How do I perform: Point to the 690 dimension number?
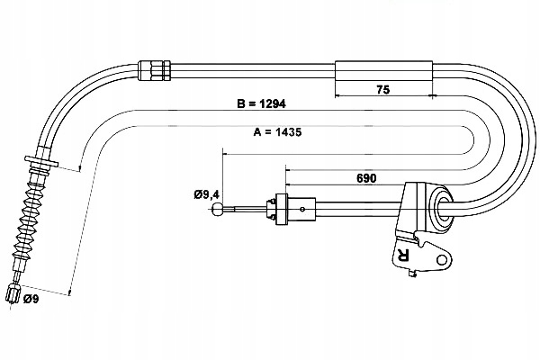(x=367, y=178)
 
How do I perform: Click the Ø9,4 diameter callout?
(x=207, y=193)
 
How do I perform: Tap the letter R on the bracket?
(x=402, y=256)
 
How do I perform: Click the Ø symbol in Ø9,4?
(x=198, y=193)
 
